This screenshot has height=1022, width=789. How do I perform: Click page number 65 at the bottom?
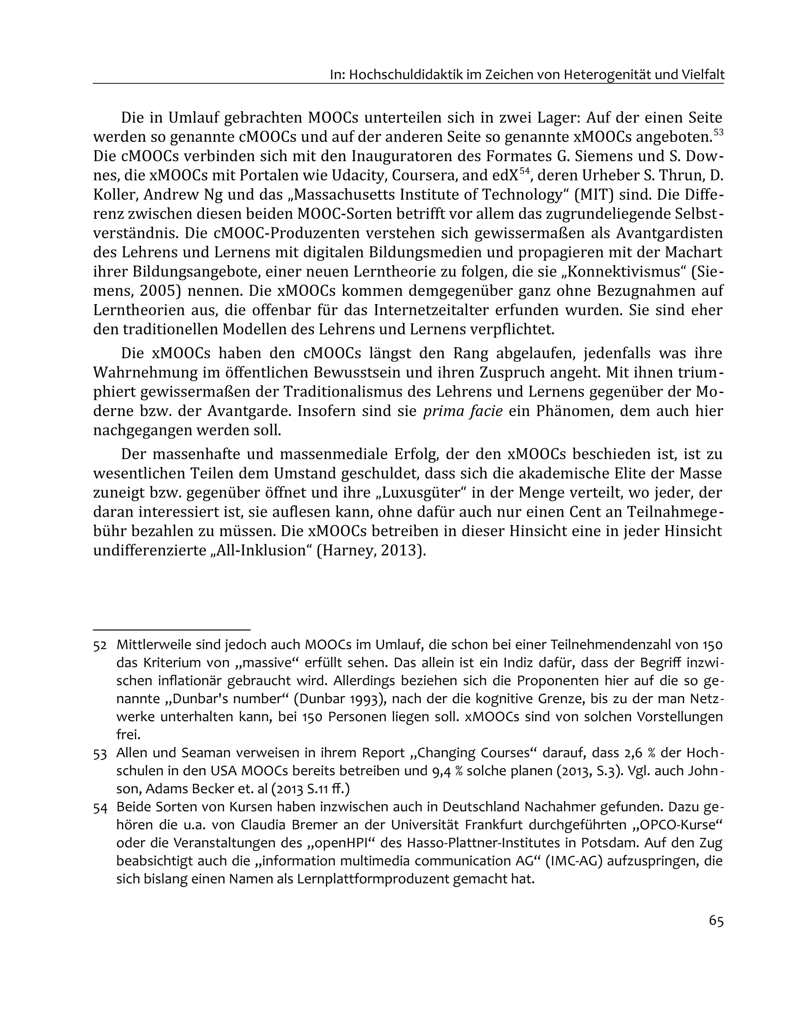[x=715, y=921]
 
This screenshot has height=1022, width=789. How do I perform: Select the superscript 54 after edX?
[x=524, y=171]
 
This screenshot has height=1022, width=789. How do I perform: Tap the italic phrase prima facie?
[x=463, y=411]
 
